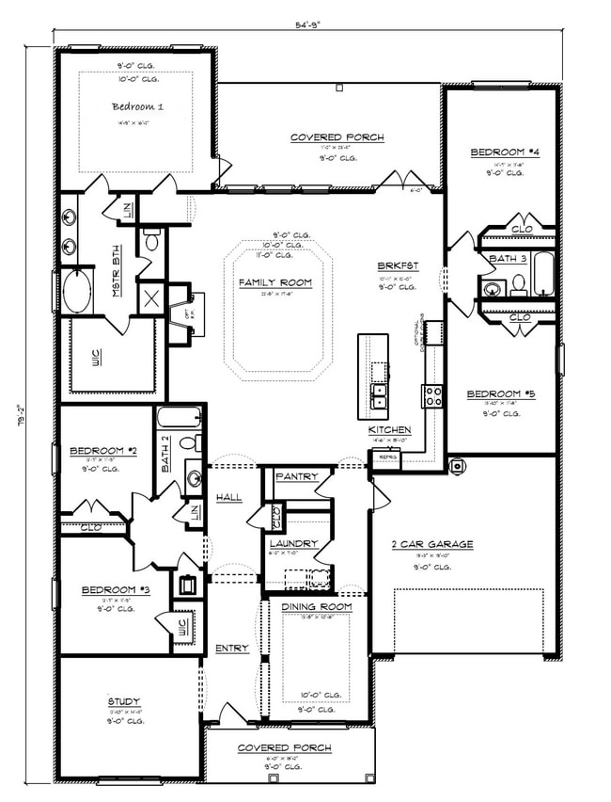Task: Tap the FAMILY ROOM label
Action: coord(274,282)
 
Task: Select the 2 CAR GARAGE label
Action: coord(431,544)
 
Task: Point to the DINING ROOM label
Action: coord(317,607)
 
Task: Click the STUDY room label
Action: coord(123,701)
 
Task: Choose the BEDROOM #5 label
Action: coord(501,394)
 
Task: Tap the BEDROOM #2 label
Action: coord(103,452)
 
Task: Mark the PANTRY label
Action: coord(297,477)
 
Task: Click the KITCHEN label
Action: coord(388,430)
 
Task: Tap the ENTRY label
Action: coord(231,649)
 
